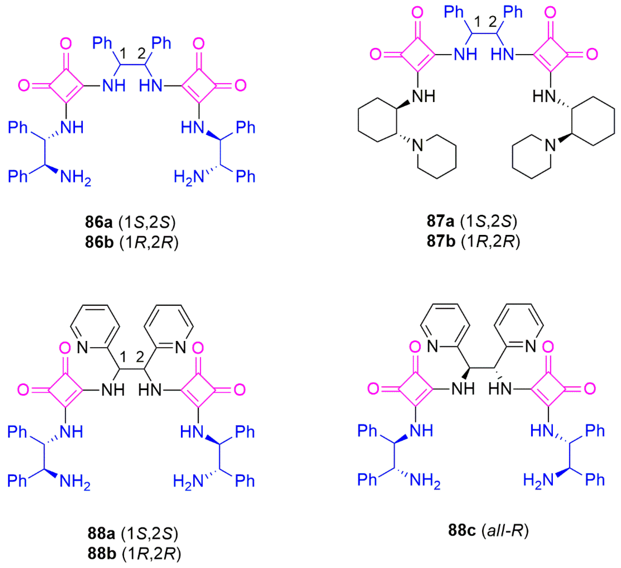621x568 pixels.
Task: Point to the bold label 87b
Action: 441,241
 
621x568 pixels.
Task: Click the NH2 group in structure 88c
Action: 425,481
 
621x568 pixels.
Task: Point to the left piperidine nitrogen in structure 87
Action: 417,145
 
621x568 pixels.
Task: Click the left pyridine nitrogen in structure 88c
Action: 433,346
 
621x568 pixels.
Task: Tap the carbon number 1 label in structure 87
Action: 477,22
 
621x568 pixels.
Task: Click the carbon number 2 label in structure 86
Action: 141,54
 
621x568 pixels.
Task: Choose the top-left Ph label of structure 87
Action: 454,12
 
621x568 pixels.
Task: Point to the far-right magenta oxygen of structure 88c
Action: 590,389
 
